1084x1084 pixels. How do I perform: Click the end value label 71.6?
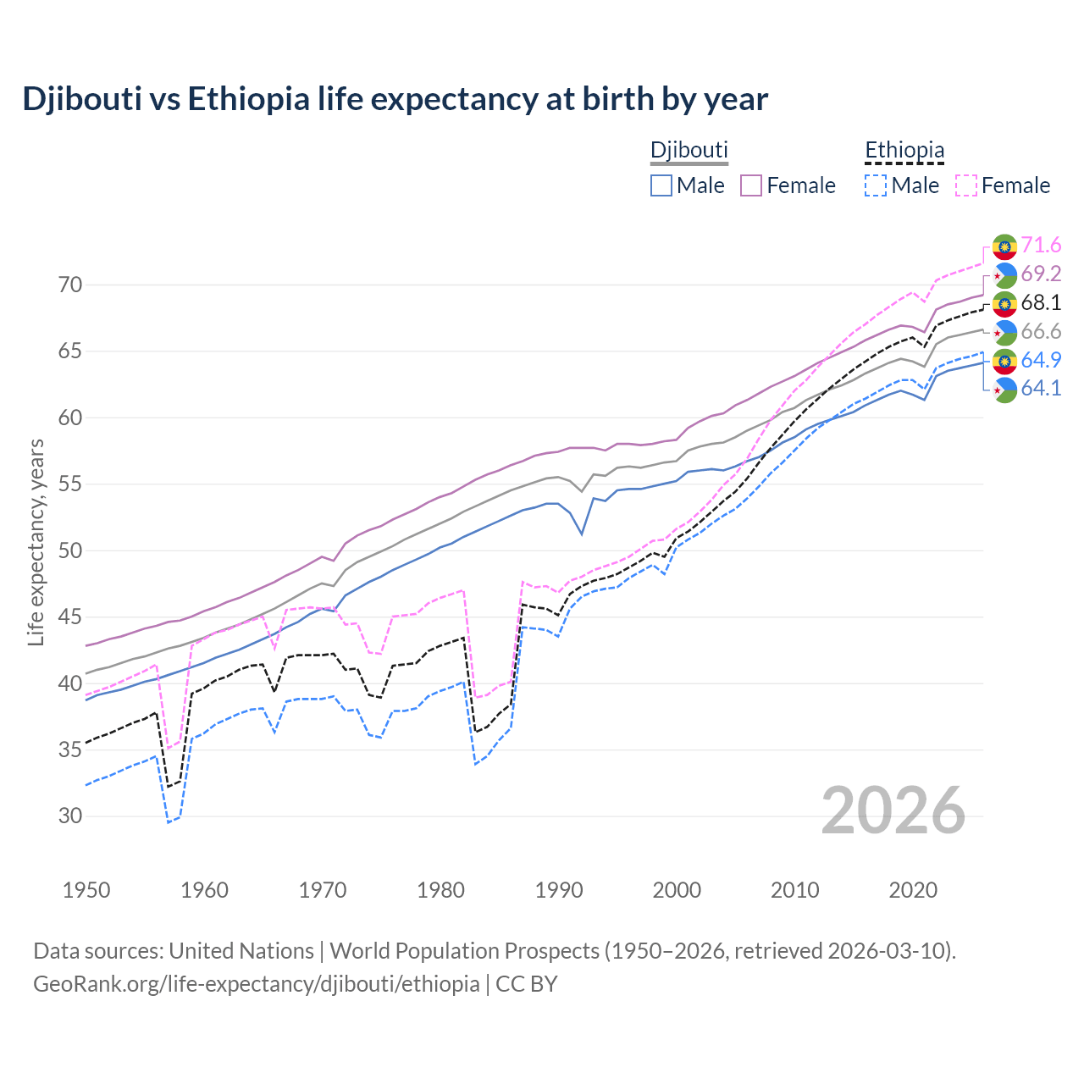tap(1041, 246)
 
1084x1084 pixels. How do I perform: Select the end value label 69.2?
tap(1041, 274)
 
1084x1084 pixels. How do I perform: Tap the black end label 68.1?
tap(1041, 303)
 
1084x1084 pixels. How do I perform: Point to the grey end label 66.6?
tap(1041, 332)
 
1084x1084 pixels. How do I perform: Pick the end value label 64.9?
tap(1041, 360)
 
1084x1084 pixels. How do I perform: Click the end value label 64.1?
tap(1041, 389)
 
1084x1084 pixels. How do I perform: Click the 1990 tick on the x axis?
tap(559, 890)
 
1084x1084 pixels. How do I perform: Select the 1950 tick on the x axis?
tap(86, 890)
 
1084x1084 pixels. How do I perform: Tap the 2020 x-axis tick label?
tap(913, 890)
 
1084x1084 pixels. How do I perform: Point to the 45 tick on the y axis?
tap(70, 617)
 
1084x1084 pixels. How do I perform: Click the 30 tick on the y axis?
tap(70, 816)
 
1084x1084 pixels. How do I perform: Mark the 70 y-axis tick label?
tap(70, 285)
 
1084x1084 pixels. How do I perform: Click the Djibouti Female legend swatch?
tap(751, 185)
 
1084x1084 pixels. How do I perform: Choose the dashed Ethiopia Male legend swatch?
tap(876, 185)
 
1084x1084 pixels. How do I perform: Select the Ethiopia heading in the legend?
tap(904, 151)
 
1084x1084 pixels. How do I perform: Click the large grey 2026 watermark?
tap(893, 810)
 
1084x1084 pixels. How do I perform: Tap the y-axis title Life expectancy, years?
tap(36, 542)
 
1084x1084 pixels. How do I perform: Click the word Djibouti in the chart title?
tap(81, 99)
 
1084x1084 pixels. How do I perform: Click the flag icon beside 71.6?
tap(1004, 246)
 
